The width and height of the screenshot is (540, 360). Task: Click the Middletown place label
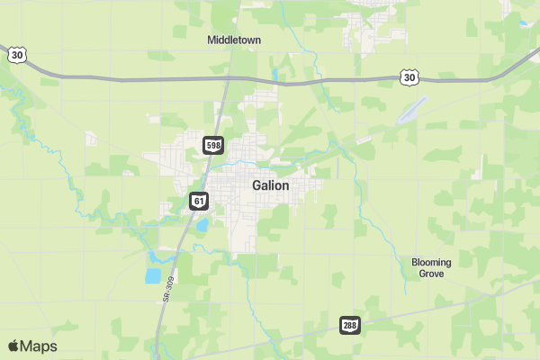click(232, 40)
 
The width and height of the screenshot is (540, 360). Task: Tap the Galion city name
click(270, 185)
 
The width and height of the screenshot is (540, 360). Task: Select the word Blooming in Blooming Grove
click(431, 262)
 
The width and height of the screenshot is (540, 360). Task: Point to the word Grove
click(431, 274)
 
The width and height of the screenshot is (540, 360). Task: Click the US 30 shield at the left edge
click(17, 56)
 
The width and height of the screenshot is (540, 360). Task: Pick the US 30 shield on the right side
click(409, 78)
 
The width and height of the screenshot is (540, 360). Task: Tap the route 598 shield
click(213, 145)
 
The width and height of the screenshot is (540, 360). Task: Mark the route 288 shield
click(350, 325)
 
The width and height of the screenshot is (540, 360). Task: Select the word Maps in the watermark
click(39, 346)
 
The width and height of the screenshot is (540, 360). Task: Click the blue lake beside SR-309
click(153, 275)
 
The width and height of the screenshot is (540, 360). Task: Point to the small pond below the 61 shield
click(203, 224)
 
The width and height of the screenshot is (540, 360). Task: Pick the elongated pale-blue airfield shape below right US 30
click(409, 111)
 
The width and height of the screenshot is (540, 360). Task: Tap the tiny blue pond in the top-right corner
click(524, 22)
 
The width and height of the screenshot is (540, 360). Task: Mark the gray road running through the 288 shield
click(423, 311)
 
